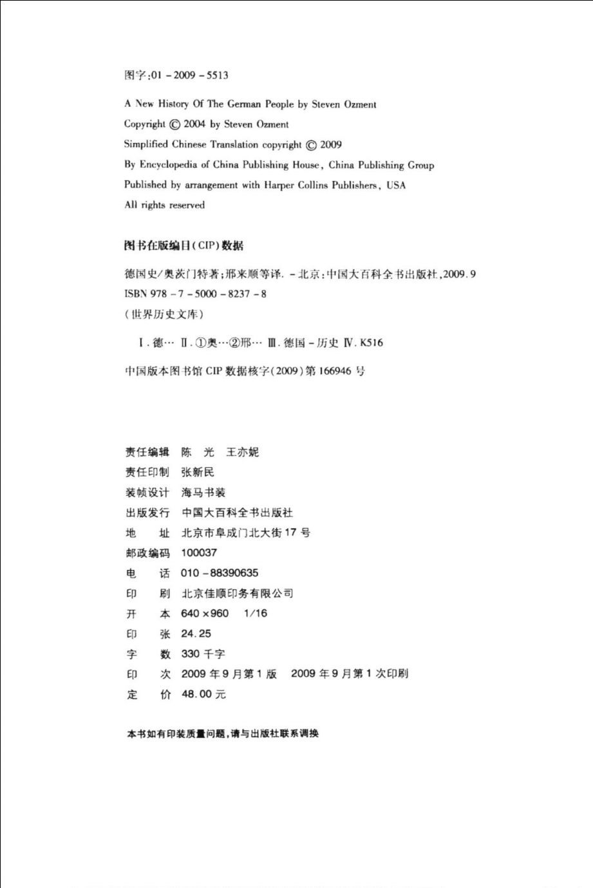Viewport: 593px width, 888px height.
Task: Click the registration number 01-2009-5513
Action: pos(189,75)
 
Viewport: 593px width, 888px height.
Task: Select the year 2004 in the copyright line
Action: pos(194,124)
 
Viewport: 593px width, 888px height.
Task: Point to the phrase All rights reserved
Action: pos(164,205)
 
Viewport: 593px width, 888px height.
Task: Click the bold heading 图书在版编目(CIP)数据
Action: pos(184,246)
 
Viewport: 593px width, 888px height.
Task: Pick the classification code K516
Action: pos(372,343)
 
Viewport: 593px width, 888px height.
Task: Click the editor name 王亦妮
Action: pos(243,453)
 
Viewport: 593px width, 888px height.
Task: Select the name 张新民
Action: pos(198,473)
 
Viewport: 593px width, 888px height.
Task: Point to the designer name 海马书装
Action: pos(203,493)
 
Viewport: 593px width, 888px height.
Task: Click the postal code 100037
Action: pos(199,553)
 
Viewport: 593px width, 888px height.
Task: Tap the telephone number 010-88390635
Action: pos(220,573)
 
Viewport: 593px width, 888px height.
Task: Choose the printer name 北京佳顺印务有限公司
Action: pos(238,594)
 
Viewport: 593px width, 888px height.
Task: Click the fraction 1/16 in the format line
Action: pos(256,614)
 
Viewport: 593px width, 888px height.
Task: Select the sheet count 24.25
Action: pos(196,634)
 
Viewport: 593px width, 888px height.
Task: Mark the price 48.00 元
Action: pos(203,694)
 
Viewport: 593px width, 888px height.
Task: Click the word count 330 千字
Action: pos(203,654)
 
